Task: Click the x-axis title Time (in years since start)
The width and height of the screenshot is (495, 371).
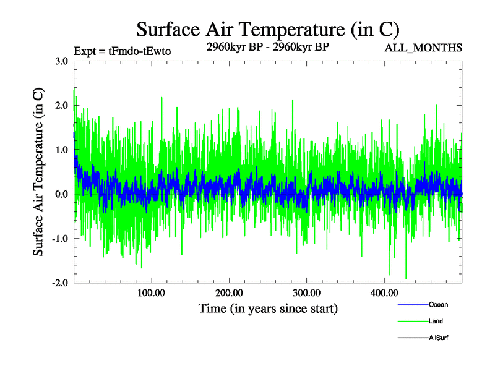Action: click(x=268, y=308)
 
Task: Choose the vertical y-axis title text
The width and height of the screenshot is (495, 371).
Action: click(x=38, y=172)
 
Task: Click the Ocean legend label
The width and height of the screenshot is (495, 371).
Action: click(x=438, y=304)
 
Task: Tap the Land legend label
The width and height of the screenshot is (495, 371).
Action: click(x=436, y=322)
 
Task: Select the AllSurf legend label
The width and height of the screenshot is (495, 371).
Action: click(x=438, y=338)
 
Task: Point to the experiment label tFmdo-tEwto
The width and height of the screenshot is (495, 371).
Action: click(x=121, y=51)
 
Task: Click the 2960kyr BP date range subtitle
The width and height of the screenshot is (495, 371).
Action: click(x=267, y=46)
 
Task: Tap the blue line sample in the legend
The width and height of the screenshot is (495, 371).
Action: click(x=411, y=304)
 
